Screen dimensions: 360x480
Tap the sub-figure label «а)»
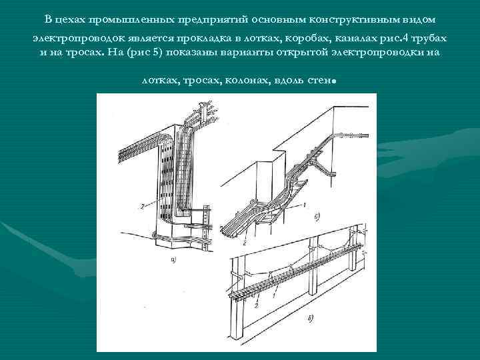click(x=174, y=259)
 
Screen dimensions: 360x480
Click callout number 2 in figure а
click(x=141, y=207)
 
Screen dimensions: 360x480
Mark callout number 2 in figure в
click(x=256, y=305)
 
